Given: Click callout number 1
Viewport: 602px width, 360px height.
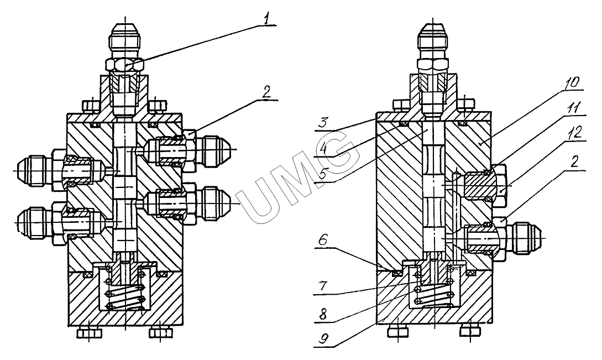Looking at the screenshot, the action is coord(266,18).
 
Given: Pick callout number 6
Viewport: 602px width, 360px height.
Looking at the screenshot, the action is coord(323,241).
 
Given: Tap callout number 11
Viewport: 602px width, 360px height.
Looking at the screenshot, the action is coord(573,109).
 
